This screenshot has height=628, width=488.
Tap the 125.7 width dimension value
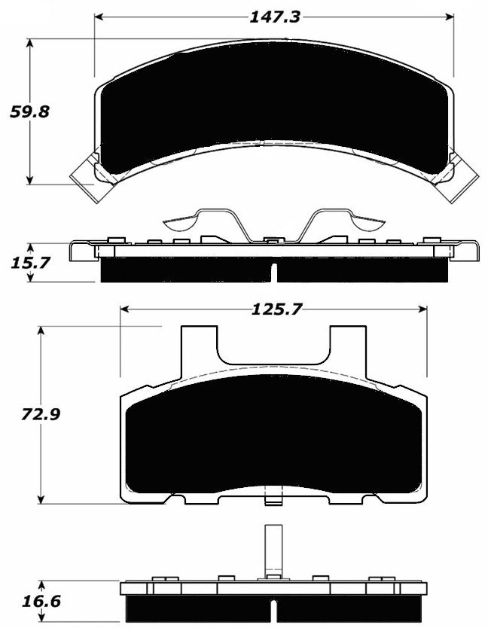[273, 309]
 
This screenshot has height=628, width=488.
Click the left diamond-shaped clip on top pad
[87, 175]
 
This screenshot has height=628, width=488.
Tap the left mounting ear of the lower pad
[199, 351]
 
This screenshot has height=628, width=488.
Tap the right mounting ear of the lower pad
[347, 351]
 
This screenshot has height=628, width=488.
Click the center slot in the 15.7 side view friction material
[274, 272]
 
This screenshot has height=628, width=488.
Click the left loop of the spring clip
[181, 221]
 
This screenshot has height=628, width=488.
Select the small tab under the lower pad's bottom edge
[273, 498]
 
